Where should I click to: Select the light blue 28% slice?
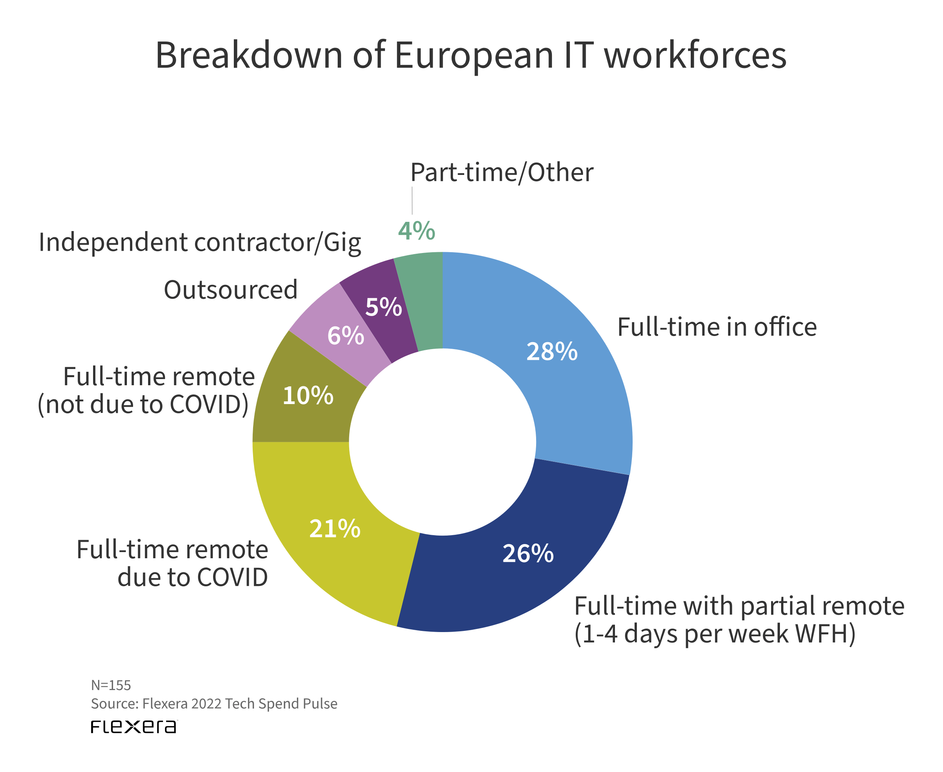click(x=574, y=378)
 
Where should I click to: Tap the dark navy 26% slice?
click(x=525, y=578)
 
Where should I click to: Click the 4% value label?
click(x=417, y=231)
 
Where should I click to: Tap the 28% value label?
click(x=551, y=352)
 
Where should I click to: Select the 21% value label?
click(x=335, y=529)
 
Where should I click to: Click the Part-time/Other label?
click(x=501, y=173)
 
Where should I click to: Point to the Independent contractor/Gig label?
click(x=200, y=243)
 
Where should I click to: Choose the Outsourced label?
click(x=230, y=290)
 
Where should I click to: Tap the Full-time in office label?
click(x=716, y=327)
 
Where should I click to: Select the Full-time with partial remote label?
click(x=739, y=619)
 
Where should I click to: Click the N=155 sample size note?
click(x=111, y=685)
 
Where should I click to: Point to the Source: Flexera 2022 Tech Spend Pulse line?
click(x=214, y=704)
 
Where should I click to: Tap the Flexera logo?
click(x=133, y=727)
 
